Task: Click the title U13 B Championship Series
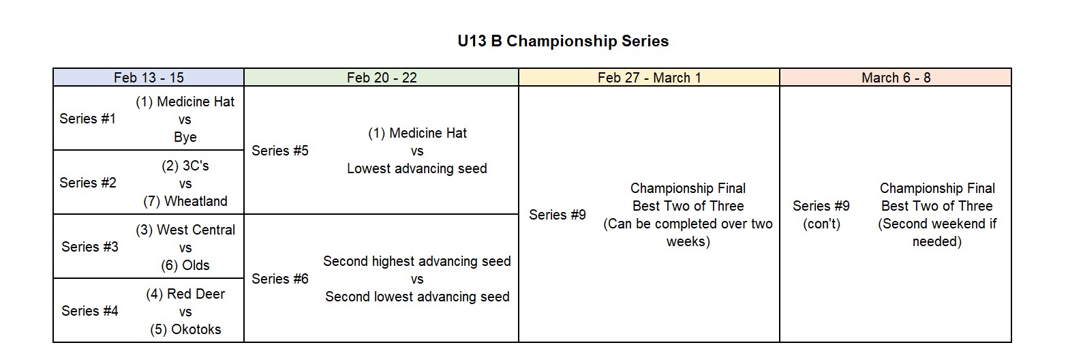(563, 41)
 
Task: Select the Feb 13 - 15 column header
(149, 78)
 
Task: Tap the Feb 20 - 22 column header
(382, 78)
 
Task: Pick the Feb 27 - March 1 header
(650, 78)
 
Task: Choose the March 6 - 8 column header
(896, 78)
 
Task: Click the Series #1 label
(88, 119)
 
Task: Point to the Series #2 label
(88, 183)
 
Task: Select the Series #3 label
(90, 247)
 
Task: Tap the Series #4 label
(90, 311)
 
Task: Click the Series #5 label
(280, 151)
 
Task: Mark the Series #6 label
(280, 279)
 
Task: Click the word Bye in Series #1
(185, 137)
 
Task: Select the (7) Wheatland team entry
(185, 201)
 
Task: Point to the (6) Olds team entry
(185, 265)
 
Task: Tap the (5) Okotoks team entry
(185, 329)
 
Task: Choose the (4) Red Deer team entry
(185, 294)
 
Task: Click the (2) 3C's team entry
(185, 166)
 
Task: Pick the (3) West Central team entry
(185, 230)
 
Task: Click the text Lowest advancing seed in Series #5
(417, 169)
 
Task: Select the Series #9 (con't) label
(821, 215)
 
